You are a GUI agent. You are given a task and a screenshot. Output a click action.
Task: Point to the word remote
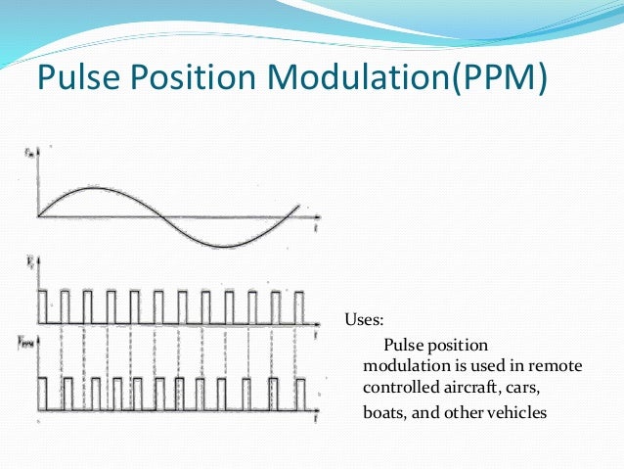click(557, 365)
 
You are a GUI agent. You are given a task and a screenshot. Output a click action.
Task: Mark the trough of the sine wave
click(226, 246)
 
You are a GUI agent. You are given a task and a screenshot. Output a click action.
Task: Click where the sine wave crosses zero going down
click(162, 216)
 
